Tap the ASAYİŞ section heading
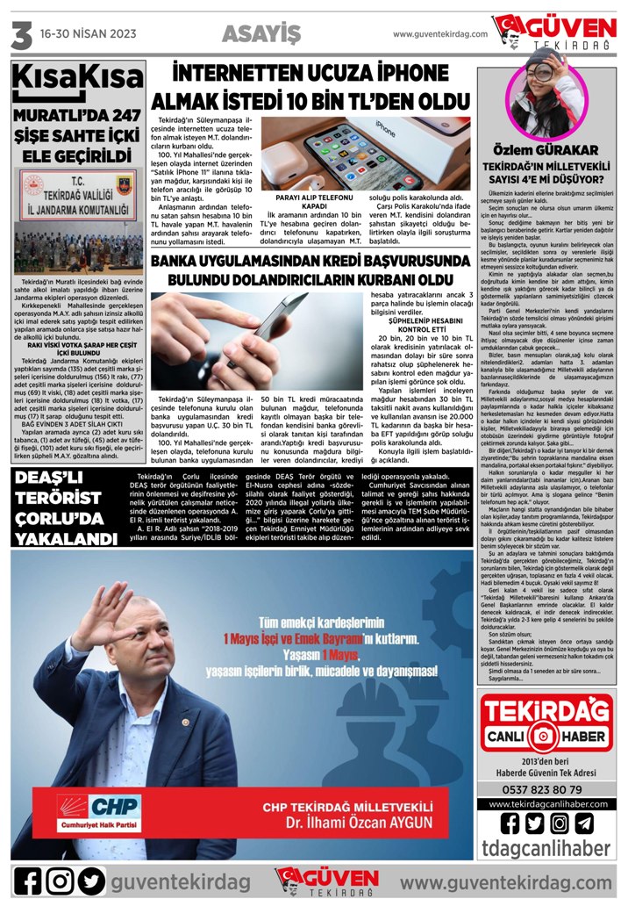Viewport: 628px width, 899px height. click(x=261, y=33)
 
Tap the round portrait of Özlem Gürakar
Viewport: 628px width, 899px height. click(x=548, y=97)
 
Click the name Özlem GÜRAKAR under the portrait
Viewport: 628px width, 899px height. click(x=547, y=150)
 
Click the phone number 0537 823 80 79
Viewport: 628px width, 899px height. click(x=548, y=764)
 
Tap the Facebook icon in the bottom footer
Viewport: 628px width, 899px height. click(x=29, y=880)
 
